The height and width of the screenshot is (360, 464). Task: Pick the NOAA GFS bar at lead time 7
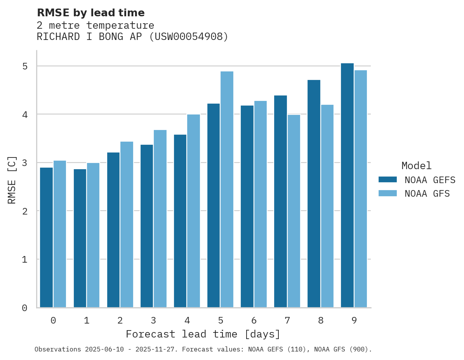point(294,211)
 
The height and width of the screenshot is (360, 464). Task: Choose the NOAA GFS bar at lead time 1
point(93,235)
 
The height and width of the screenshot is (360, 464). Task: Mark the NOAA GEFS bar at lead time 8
point(314,194)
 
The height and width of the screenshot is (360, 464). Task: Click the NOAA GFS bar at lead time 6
point(261,204)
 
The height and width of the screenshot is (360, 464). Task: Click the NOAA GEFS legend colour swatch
point(388,180)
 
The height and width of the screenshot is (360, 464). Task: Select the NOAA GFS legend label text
point(427,194)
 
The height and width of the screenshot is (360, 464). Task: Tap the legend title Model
point(416,166)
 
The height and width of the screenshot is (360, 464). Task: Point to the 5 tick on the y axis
point(25,66)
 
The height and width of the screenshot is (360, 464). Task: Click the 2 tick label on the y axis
point(25,211)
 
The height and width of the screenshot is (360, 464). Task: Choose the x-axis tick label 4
point(187,320)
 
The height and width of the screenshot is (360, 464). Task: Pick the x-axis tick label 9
point(354,320)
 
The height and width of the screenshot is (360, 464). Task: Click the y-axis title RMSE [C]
point(12,180)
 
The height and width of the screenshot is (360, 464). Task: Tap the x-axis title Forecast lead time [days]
point(203,334)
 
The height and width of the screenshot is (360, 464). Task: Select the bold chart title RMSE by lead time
point(91,13)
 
